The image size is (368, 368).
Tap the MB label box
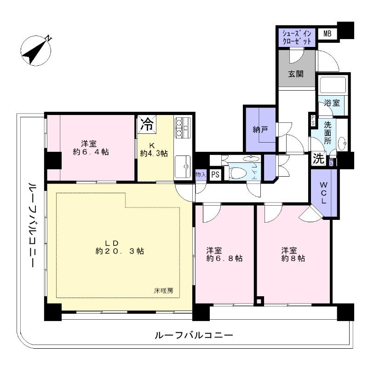(x=327, y=34)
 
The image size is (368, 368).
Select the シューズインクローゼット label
(x=297, y=37)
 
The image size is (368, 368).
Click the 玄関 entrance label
(x=296, y=74)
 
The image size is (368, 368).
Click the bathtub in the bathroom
(x=332, y=86)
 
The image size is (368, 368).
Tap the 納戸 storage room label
(x=260, y=130)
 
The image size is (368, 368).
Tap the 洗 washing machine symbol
(x=318, y=159)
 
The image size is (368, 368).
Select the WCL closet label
(x=324, y=193)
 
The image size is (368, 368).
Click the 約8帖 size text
(x=293, y=259)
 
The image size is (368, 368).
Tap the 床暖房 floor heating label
(x=163, y=291)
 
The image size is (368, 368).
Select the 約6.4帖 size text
(x=91, y=152)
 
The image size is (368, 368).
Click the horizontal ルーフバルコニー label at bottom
(x=193, y=335)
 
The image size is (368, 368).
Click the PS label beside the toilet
(x=214, y=175)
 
